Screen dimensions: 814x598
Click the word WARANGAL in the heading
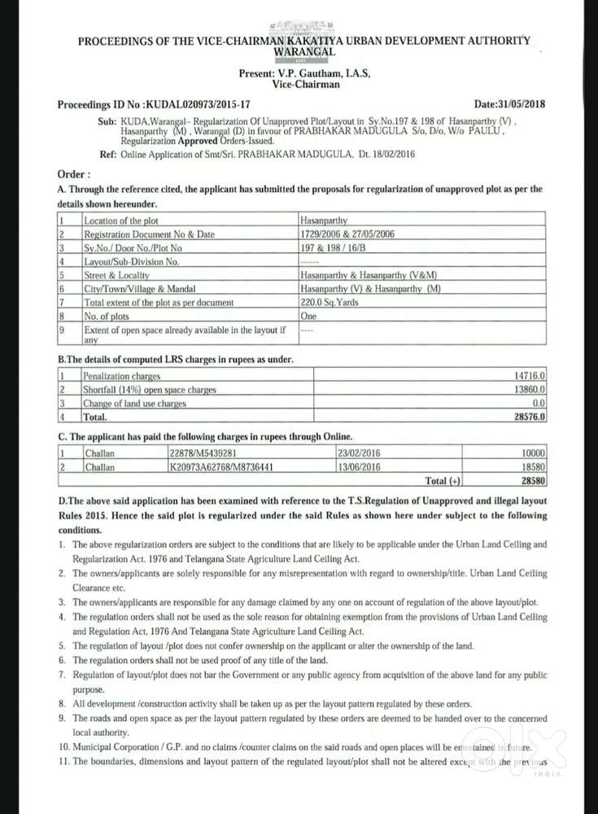304,50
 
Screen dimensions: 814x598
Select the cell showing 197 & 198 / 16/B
333,247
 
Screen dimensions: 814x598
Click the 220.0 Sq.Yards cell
330,301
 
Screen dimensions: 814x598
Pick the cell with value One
308,315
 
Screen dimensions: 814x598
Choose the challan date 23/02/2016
359,453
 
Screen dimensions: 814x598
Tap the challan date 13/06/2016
359,467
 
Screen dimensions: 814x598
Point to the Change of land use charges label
135,403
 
